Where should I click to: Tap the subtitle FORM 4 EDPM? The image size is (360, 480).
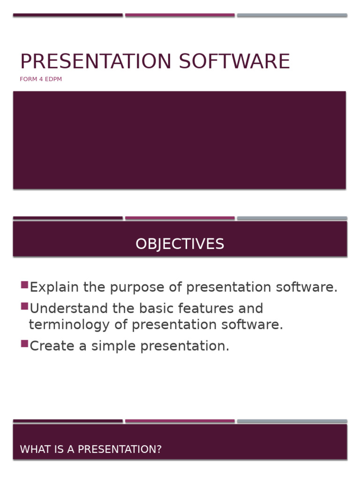[41, 79]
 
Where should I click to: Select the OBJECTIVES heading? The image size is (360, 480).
[180, 244]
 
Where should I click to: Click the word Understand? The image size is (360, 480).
[67, 308]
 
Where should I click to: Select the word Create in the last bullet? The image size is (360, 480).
[49, 346]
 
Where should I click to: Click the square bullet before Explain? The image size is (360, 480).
[24, 285]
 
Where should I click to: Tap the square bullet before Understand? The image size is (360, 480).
[24, 306]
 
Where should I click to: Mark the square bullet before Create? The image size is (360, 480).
[24, 344]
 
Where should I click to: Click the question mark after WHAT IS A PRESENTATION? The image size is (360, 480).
[159, 450]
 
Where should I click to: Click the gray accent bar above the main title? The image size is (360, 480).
[292, 15]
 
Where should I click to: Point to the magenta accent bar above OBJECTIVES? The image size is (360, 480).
[180, 218]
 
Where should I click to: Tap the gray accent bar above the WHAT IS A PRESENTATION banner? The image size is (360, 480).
[292, 421]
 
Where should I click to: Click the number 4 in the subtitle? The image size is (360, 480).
[40, 79]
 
